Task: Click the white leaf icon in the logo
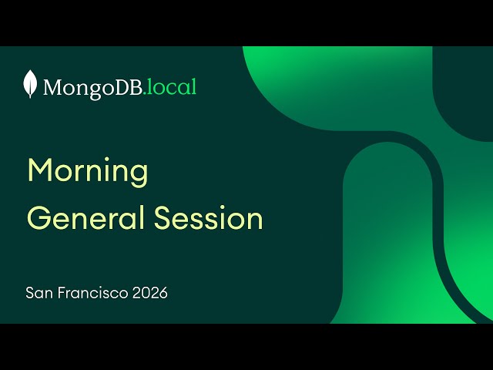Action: click(31, 84)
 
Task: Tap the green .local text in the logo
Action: click(171, 86)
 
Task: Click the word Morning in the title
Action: click(87, 171)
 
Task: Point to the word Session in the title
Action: click(209, 218)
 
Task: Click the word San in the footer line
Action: click(37, 293)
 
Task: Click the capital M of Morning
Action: click(39, 170)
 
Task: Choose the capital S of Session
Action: click(163, 218)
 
